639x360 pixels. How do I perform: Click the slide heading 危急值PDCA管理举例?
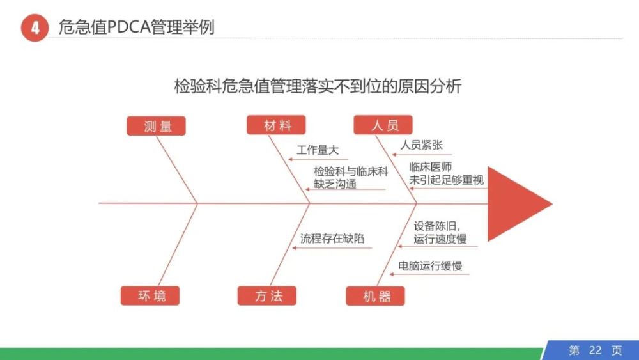coord(136,27)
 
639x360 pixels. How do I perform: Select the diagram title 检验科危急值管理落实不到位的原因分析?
coord(318,86)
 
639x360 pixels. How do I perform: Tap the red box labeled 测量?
coord(156,125)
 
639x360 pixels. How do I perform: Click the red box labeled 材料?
coord(276,125)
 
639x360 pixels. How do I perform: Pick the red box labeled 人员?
coord(383,125)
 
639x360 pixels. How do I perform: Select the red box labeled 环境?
coord(150,295)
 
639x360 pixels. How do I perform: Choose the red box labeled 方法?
coord(267,295)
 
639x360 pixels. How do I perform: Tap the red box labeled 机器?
coord(375,295)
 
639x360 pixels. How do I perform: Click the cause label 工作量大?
coord(318,150)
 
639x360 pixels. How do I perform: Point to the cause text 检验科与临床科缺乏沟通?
coord(351,178)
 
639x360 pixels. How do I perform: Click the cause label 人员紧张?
coord(421,145)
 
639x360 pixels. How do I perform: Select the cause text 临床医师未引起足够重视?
coord(446,173)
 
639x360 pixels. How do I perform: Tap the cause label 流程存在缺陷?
coord(332,239)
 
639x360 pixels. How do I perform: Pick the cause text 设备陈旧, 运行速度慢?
coord(440,232)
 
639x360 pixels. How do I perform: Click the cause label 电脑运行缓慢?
coord(430,265)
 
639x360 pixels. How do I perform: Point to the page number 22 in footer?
coord(595,350)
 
